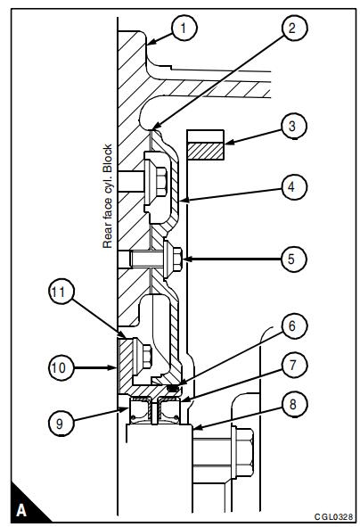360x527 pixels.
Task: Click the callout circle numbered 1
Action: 184,28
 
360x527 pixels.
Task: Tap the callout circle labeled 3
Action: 292,126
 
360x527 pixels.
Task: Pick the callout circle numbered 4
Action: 292,186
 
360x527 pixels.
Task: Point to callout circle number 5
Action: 292,259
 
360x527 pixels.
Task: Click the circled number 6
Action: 292,325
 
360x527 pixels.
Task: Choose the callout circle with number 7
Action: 292,365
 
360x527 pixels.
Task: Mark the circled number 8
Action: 292,404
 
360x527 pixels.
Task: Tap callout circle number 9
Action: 61,423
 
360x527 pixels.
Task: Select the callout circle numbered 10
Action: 61,367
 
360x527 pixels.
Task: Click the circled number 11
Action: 61,292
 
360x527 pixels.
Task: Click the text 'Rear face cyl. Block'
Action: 107,196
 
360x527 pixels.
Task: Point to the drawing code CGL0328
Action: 333,516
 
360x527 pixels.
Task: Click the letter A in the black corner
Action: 21,510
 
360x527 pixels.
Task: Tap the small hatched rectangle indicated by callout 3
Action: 206,151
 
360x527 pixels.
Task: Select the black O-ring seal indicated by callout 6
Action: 173,388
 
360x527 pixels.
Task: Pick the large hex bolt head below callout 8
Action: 243,452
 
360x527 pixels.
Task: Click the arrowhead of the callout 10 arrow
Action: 114,367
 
